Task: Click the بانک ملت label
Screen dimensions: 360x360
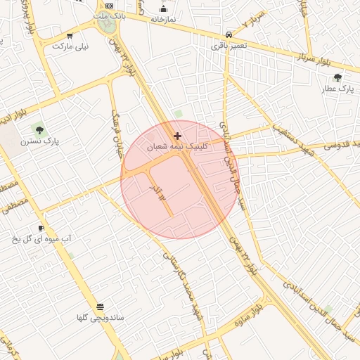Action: click(x=109, y=15)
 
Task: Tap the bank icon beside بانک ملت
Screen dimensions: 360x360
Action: click(x=109, y=5)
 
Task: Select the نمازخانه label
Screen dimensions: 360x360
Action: click(x=164, y=18)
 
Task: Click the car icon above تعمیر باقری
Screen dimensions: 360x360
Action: click(x=229, y=34)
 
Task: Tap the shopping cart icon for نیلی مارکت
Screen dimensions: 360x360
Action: click(x=69, y=36)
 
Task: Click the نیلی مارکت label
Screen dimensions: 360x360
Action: click(x=69, y=46)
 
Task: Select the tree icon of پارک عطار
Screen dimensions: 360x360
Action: click(x=337, y=77)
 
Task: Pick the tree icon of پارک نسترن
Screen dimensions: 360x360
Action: click(x=39, y=129)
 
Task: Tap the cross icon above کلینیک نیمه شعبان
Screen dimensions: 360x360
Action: click(x=177, y=136)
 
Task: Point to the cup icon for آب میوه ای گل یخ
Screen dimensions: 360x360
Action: click(x=41, y=228)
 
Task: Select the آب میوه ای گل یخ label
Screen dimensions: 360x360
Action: click(x=41, y=239)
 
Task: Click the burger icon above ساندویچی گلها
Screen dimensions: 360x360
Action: click(x=100, y=307)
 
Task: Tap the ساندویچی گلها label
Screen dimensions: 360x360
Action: click(x=101, y=318)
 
